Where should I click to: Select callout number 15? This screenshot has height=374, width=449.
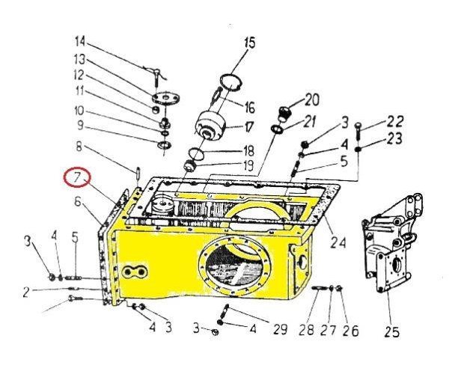point(249,42)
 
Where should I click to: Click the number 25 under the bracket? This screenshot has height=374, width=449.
point(391,331)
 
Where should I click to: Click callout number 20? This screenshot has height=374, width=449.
point(311,98)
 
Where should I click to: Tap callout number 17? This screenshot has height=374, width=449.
point(249,125)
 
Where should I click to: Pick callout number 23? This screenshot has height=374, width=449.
point(394,139)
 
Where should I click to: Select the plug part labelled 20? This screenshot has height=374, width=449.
point(285,114)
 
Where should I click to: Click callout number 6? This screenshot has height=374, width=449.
point(77,200)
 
